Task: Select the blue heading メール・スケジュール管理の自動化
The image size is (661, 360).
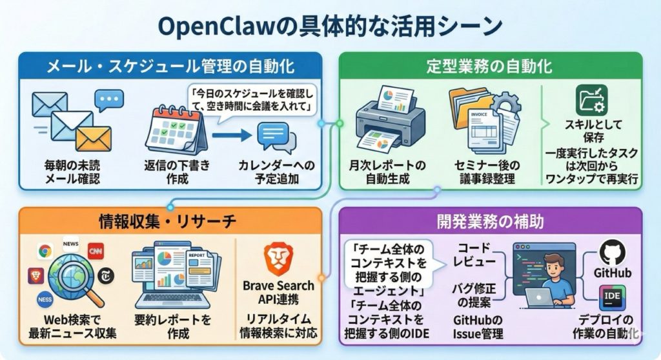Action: coord(170,66)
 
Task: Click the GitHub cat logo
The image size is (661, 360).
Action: coord(613,253)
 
